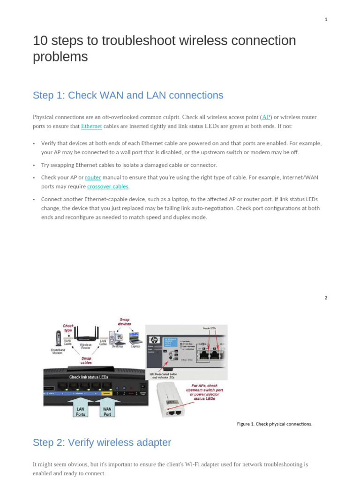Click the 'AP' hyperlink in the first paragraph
(x=266, y=117)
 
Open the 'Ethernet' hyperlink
(x=91, y=126)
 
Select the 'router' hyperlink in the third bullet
(x=93, y=178)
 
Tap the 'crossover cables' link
(x=108, y=187)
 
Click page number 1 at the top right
(x=326, y=19)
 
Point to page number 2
(x=326, y=298)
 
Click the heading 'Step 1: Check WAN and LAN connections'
(x=128, y=95)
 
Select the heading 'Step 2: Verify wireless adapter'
(x=102, y=442)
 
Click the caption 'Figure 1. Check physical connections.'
(x=274, y=424)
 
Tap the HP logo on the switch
(x=153, y=340)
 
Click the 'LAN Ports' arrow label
(x=80, y=411)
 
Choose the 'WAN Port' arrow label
(x=107, y=411)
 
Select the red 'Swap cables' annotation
(x=86, y=360)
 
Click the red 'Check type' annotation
(x=68, y=328)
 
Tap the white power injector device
(x=171, y=399)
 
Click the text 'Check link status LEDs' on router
(x=89, y=377)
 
